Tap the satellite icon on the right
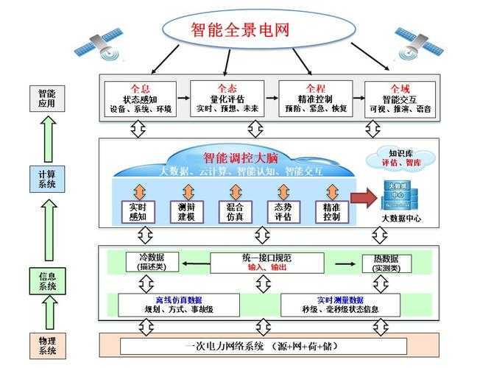417,43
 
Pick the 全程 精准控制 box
314,99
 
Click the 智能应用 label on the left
46,99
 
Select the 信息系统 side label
46,281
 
